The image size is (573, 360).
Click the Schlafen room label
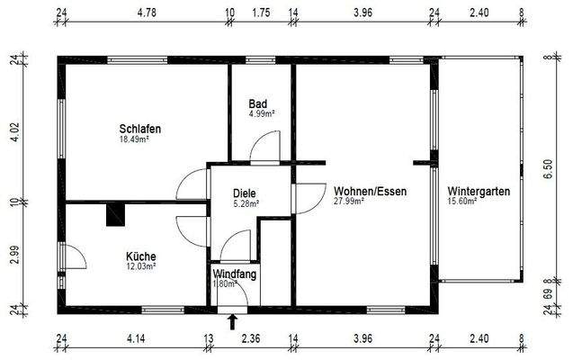[x=140, y=130]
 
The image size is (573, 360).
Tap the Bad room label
[x=259, y=103]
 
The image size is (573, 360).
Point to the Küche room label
[x=140, y=256]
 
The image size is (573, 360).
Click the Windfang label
[x=234, y=274]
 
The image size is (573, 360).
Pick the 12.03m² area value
[x=140, y=266]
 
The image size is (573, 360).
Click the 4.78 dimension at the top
[x=147, y=14]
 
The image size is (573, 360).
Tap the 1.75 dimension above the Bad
[x=262, y=14]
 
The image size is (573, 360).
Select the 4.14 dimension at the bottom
[x=136, y=339]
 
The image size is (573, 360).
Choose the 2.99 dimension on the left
[x=13, y=255]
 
